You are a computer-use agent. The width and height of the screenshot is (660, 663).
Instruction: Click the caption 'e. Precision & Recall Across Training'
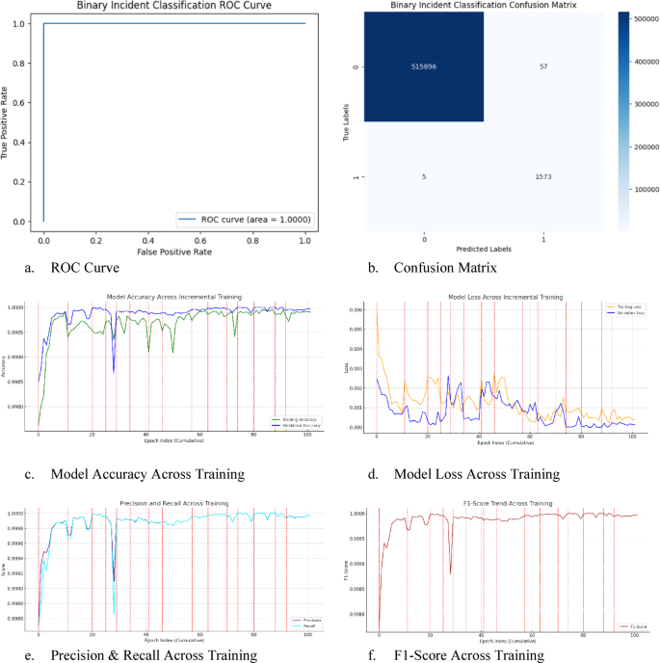(143, 655)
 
